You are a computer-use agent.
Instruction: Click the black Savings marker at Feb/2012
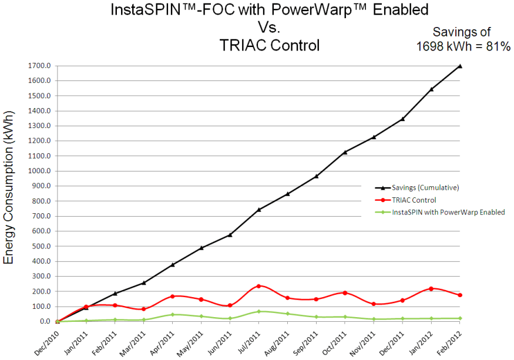pyautogui.click(x=460, y=66)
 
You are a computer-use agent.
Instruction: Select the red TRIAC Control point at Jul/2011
pyautogui.click(x=258, y=286)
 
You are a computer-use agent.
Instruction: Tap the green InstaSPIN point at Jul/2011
pyautogui.click(x=258, y=311)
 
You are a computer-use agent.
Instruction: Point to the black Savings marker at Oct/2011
pyautogui.click(x=345, y=152)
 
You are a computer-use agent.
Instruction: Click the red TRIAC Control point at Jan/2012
pyautogui.click(x=431, y=288)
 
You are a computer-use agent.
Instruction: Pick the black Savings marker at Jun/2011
pyautogui.click(x=230, y=235)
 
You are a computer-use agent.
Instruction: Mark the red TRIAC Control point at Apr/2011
pyautogui.click(x=172, y=296)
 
